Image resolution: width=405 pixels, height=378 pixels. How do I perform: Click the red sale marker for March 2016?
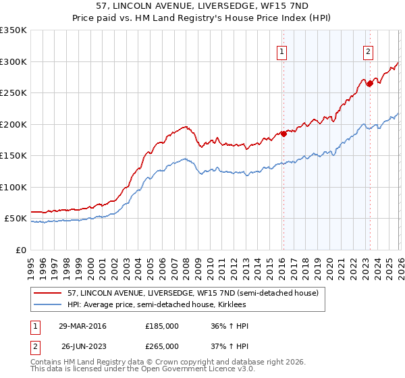(283, 134)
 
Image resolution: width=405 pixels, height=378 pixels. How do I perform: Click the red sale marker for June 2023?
(370, 84)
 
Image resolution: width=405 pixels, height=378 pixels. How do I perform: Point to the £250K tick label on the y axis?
(13, 93)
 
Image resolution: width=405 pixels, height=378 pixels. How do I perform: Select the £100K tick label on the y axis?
(13, 187)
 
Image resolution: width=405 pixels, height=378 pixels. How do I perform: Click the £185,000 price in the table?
(162, 326)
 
